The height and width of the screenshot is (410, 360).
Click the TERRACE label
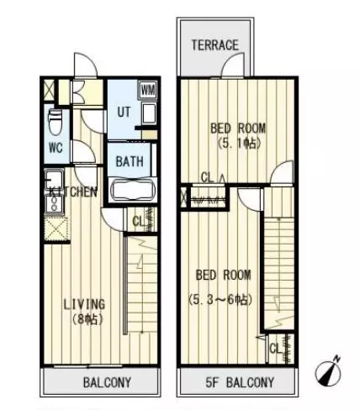click(214, 45)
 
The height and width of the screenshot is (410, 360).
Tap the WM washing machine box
click(148, 90)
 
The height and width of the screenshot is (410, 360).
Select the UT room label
click(124, 113)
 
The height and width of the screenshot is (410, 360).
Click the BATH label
click(130, 161)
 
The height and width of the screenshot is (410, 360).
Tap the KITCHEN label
click(73, 192)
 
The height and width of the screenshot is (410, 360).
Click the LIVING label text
click(84, 304)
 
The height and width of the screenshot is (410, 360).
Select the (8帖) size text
click(87, 319)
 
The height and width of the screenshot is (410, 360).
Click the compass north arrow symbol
click(328, 371)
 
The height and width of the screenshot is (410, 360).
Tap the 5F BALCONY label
click(240, 382)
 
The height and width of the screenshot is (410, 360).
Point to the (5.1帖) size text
click(239, 144)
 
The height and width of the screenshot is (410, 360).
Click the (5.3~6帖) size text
click(220, 300)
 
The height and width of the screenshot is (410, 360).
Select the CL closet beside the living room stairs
click(140, 219)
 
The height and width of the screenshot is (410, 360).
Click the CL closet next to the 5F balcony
click(281, 349)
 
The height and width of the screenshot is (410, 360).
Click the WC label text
click(56, 148)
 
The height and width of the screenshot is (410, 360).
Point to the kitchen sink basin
click(54, 179)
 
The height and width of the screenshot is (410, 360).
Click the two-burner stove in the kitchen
click(55, 203)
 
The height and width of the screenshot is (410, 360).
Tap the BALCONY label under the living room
click(107, 382)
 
